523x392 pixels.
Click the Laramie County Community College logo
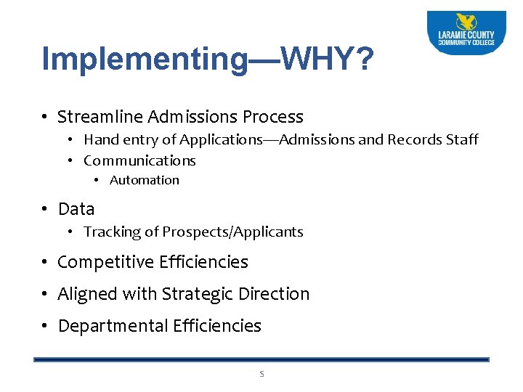pos(466,32)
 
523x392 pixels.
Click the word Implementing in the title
pos(145,60)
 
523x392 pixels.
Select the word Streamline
pos(100,117)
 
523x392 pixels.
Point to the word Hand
pos(100,139)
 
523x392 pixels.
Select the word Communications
pos(139,160)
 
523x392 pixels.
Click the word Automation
pos(144,180)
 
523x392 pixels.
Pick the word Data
pos(76,209)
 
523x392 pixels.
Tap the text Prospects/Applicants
pos(232,232)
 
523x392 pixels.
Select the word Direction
pos(275,294)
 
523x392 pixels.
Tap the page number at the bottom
pos(261,375)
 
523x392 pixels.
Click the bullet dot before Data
pos(45,209)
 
